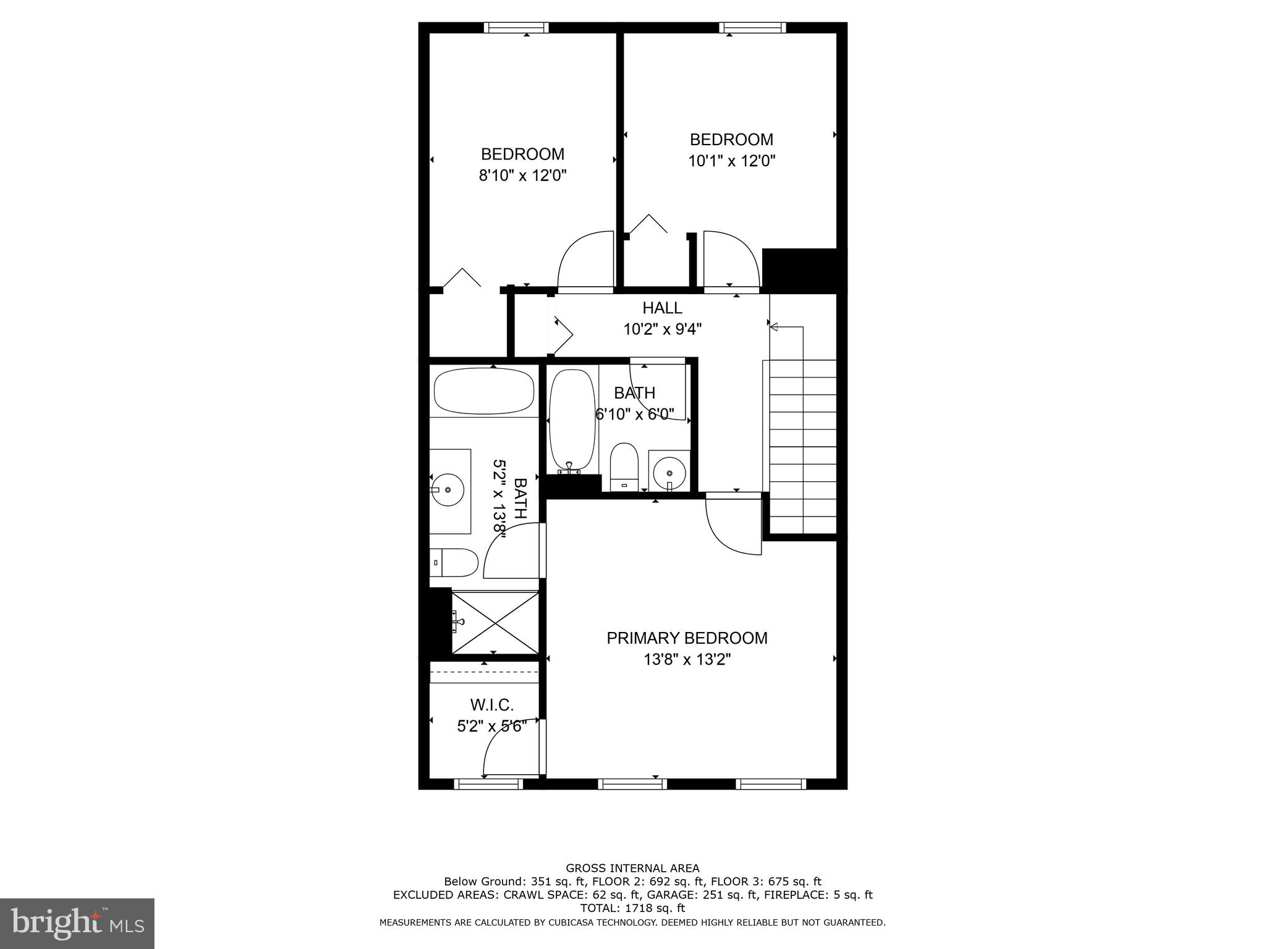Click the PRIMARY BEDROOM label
click(687, 638)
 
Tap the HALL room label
click(662, 308)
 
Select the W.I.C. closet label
click(491, 704)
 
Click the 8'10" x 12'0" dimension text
click(522, 175)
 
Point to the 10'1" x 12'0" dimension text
click(731, 161)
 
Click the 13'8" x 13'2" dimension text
click(687, 660)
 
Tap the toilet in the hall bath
click(624, 466)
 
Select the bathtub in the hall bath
click(572, 420)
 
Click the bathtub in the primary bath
click(484, 391)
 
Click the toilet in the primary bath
click(454, 562)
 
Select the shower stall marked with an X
click(495, 622)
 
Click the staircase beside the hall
click(802, 445)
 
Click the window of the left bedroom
click(516, 27)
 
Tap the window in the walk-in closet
click(488, 783)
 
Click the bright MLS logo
click(77, 923)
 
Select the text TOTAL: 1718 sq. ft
click(632, 908)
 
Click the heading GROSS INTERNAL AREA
click(632, 868)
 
